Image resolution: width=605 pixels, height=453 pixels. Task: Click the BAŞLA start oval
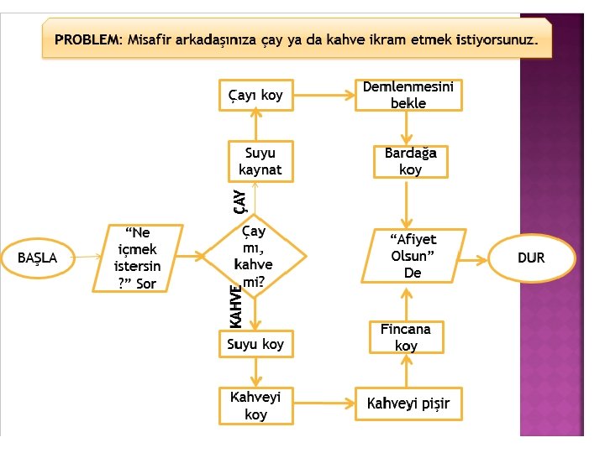[x=38, y=258]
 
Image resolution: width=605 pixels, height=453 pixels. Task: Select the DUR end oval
[x=531, y=258]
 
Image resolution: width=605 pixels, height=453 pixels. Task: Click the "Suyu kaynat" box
[x=260, y=161]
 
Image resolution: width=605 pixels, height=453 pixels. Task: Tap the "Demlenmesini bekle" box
[x=408, y=95]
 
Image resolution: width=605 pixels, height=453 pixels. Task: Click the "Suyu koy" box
[x=255, y=344]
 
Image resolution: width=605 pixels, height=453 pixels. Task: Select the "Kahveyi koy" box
[x=255, y=406]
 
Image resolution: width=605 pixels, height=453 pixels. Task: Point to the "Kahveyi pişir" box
[x=408, y=404]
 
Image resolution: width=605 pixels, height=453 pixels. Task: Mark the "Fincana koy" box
[x=406, y=337]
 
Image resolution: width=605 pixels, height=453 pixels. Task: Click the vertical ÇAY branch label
[x=239, y=200]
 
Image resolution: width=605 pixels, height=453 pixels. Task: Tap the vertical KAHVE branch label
[x=236, y=307]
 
